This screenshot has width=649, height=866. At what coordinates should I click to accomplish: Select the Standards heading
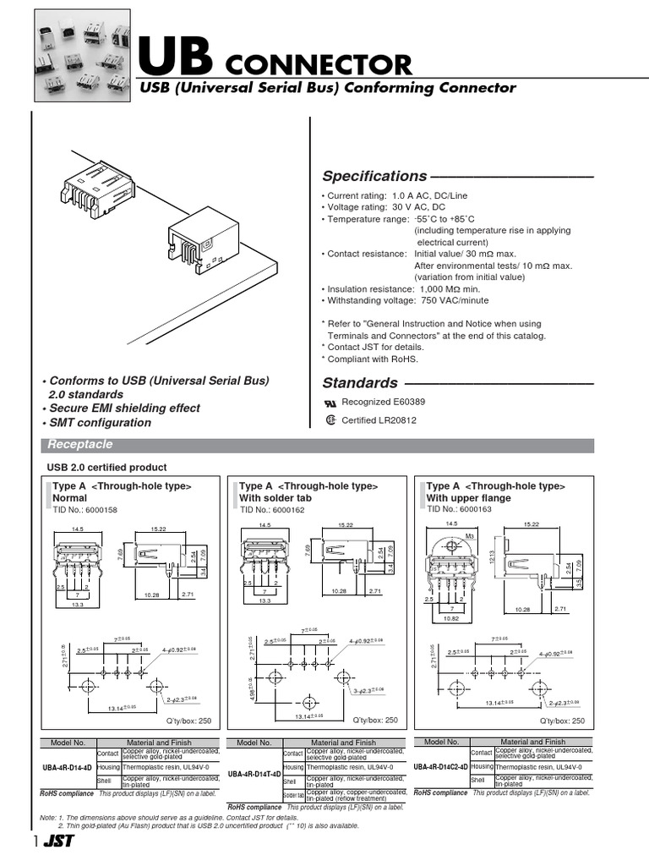point(360,382)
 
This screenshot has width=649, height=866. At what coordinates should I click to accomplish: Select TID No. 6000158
point(85,510)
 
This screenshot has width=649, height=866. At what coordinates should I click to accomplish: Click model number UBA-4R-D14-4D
point(68,768)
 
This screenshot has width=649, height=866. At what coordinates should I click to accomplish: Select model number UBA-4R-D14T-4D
point(254,774)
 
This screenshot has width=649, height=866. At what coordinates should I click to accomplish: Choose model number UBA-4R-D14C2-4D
point(440,766)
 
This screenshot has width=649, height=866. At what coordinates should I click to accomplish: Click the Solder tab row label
point(293,796)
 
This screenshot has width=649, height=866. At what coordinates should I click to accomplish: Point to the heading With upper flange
point(469,498)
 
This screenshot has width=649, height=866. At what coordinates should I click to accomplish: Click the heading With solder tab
point(275,498)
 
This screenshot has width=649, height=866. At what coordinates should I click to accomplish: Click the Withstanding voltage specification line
point(405,300)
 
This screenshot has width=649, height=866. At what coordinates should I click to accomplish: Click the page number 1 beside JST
point(36,842)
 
